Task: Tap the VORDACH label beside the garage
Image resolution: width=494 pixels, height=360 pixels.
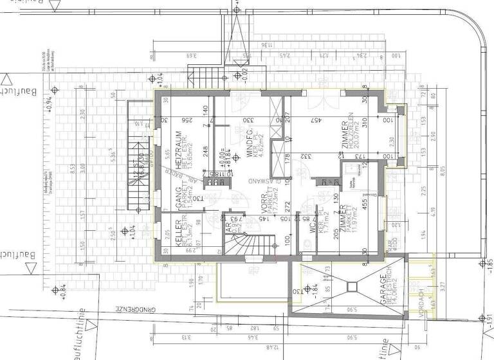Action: pos(419,302)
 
